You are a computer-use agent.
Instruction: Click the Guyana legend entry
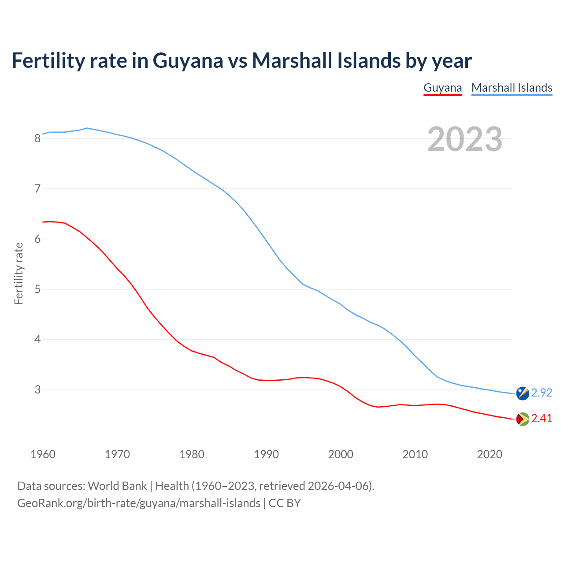pyautogui.click(x=442, y=88)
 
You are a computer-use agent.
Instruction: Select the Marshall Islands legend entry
pyautogui.click(x=512, y=88)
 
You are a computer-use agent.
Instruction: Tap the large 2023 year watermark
pyautogui.click(x=464, y=139)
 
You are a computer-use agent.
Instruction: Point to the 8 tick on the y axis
pyautogui.click(x=37, y=139)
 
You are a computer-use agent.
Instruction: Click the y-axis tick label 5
pyautogui.click(x=37, y=289)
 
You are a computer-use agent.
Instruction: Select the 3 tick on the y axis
pyautogui.click(x=37, y=390)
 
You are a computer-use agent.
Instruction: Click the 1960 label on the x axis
pyautogui.click(x=43, y=454)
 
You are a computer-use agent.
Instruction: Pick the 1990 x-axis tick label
pyautogui.click(x=266, y=454)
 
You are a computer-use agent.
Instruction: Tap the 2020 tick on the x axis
pyautogui.click(x=490, y=454)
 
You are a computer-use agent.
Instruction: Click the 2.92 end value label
pyautogui.click(x=542, y=393)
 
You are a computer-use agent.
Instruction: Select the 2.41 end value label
pyautogui.click(x=542, y=418)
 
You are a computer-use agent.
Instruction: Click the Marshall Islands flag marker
pyautogui.click(x=523, y=393)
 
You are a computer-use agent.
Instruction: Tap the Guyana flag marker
pyautogui.click(x=523, y=419)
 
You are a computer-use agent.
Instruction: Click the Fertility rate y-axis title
pyautogui.click(x=19, y=273)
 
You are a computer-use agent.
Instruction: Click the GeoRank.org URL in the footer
pyautogui.click(x=139, y=503)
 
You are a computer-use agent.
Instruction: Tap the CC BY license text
pyautogui.click(x=285, y=503)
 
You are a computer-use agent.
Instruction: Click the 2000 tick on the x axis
pyautogui.click(x=341, y=454)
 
